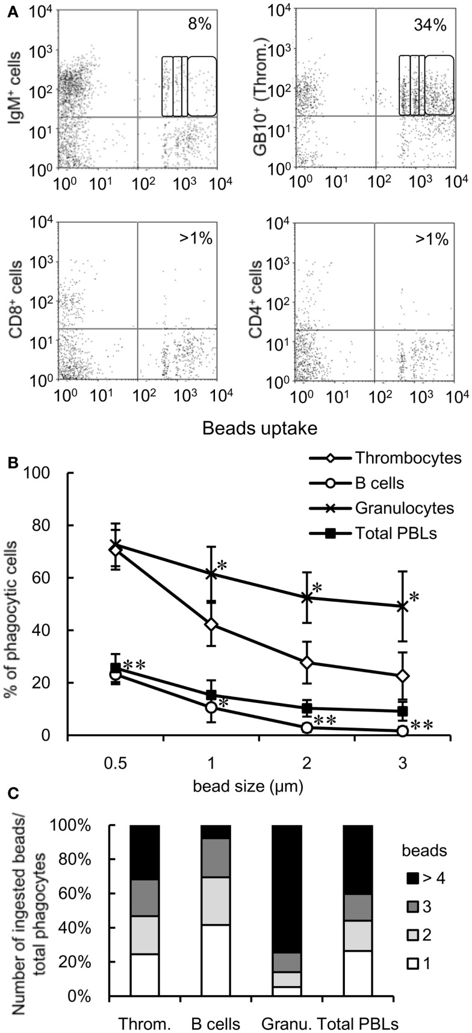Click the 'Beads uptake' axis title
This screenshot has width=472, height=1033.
(x=259, y=428)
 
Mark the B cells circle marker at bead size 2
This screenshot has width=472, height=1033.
(x=307, y=727)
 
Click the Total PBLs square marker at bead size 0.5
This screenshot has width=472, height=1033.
(x=116, y=669)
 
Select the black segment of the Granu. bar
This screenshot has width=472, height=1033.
(x=287, y=888)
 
